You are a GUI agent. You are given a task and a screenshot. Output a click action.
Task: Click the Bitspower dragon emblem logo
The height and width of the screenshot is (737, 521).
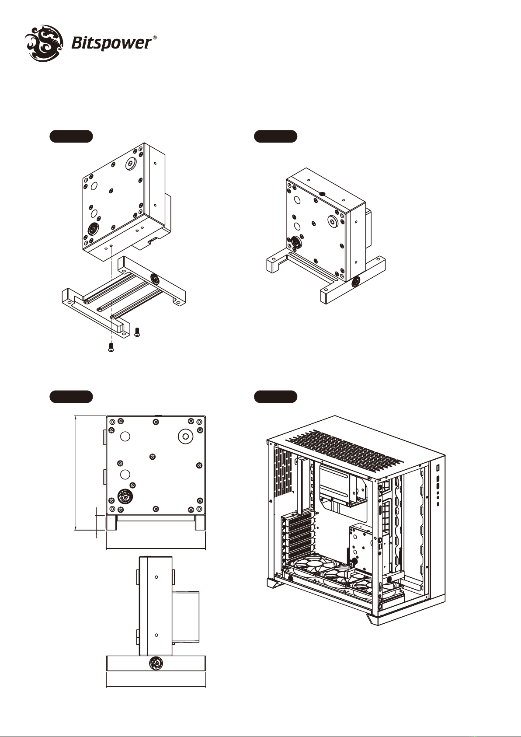tap(45, 43)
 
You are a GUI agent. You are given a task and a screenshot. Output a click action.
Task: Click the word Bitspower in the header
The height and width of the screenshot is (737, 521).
tap(111, 43)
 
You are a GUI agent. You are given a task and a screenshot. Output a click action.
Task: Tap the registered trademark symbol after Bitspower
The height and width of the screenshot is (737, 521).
tap(155, 38)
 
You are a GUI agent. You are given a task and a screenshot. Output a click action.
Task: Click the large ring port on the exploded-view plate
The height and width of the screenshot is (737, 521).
tap(132, 163)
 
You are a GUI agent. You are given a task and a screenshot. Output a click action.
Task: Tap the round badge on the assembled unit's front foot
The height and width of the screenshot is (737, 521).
tap(355, 282)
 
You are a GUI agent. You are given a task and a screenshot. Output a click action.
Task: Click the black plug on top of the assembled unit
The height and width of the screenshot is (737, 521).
tap(322, 194)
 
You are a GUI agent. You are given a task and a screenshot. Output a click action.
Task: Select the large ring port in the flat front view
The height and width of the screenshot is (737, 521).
tap(185, 437)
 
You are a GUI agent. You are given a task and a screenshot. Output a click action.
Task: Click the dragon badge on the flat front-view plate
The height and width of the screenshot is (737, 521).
tap(125, 496)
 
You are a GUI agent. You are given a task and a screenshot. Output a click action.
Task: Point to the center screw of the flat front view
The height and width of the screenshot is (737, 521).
tap(152, 457)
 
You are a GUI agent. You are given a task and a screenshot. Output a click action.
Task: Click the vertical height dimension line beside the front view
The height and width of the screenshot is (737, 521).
tap(76, 473)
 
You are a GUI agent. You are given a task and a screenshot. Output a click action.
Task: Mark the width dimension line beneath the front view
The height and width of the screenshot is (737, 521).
tap(156, 548)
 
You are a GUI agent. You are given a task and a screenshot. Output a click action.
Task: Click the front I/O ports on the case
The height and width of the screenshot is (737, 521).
tap(438, 486)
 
